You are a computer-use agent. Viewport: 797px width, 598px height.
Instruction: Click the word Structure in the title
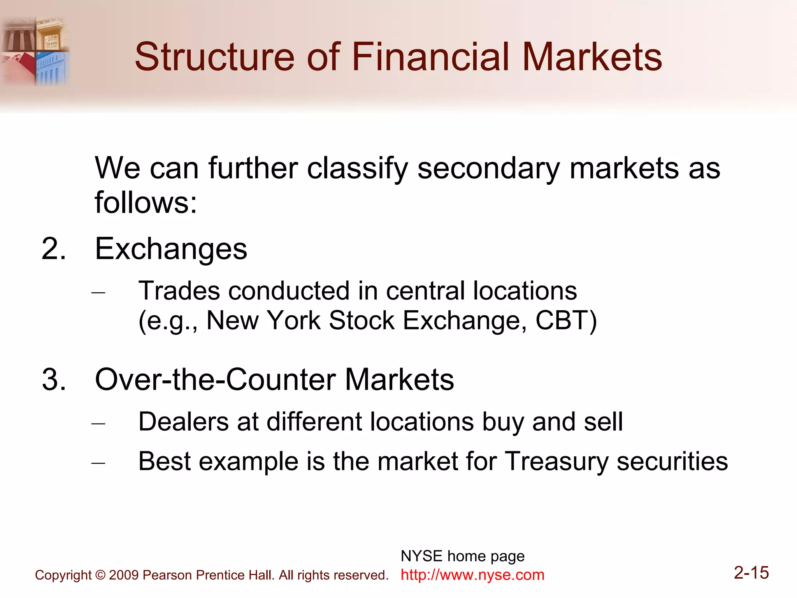point(214,57)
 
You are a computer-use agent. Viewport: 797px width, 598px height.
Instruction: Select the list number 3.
point(53,379)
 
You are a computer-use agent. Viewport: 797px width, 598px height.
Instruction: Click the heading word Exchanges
point(171,249)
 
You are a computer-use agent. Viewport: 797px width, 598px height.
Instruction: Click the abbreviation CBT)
point(566,321)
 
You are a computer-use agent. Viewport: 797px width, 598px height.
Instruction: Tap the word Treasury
point(556,462)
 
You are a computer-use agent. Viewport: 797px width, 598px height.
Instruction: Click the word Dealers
point(183,422)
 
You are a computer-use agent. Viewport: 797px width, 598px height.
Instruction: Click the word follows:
point(146,203)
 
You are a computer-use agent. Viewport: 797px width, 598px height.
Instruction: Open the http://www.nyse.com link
point(472,575)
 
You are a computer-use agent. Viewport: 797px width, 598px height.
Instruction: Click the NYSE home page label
point(462,556)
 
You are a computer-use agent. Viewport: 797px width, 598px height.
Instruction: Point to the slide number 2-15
point(751,573)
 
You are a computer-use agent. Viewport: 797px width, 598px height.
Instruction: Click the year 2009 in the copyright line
point(124,575)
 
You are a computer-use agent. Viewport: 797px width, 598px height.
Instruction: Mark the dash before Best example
point(98,463)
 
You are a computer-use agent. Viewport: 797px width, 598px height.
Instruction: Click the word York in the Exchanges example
point(294,321)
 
